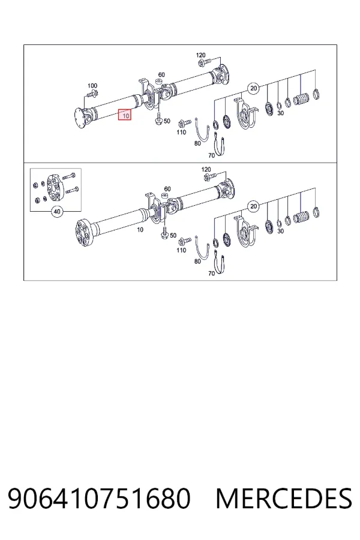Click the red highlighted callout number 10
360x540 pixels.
tap(125, 115)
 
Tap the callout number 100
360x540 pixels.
tap(92, 85)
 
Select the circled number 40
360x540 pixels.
tap(57, 211)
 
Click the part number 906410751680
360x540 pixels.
tap(99, 498)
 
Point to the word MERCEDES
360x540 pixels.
tap(284, 498)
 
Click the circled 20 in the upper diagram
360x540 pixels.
tap(254, 89)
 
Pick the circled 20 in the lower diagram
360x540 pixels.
tap(254, 206)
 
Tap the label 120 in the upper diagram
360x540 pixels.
tap(201, 55)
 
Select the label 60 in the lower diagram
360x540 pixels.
tap(167, 189)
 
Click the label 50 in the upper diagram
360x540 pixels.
tap(167, 121)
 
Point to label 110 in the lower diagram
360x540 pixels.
tap(181, 250)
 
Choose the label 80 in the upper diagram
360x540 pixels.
tap(197, 143)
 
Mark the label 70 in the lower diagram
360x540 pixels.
tap(212, 274)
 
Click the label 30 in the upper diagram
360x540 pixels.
tap(281, 113)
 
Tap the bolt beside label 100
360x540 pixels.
tap(92, 93)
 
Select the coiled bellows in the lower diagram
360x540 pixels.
tap(301, 218)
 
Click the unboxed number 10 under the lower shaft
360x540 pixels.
tap(140, 230)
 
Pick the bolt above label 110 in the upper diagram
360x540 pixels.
tap(184, 123)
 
